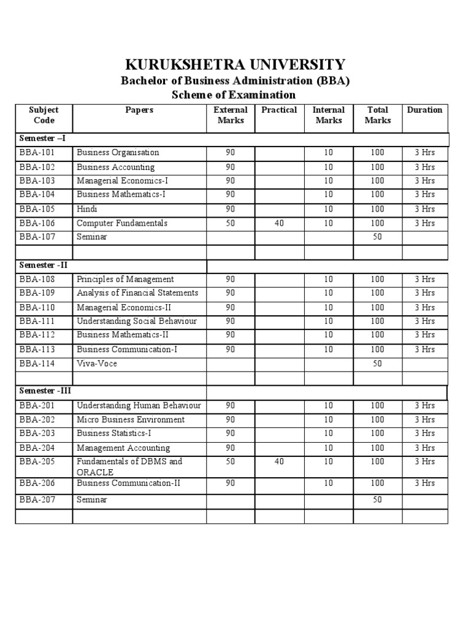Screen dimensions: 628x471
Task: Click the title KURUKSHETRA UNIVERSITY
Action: pos(235,64)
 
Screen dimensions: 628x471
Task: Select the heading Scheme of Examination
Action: pos(235,95)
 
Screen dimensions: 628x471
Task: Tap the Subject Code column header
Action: pos(44,115)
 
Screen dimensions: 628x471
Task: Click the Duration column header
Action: pos(424,110)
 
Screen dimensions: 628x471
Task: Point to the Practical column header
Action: pos(279,110)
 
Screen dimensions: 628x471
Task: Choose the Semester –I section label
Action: pos(41,139)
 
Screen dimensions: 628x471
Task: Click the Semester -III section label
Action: pos(44,390)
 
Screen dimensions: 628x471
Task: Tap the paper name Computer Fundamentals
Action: pos(122,223)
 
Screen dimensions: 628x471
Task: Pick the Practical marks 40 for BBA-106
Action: pos(279,223)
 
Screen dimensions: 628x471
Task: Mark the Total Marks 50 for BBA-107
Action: pos(377,237)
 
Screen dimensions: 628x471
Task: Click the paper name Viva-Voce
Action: pos(97,364)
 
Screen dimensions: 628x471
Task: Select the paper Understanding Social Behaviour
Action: pos(137,321)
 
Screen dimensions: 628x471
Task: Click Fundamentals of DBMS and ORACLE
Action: pos(129,466)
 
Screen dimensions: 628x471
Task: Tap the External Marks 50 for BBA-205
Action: pos(230,461)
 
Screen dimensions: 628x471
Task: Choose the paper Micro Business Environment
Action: pos(131,419)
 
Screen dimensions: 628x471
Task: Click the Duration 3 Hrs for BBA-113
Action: pos(424,349)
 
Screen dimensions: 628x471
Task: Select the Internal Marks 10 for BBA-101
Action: pos(329,152)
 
